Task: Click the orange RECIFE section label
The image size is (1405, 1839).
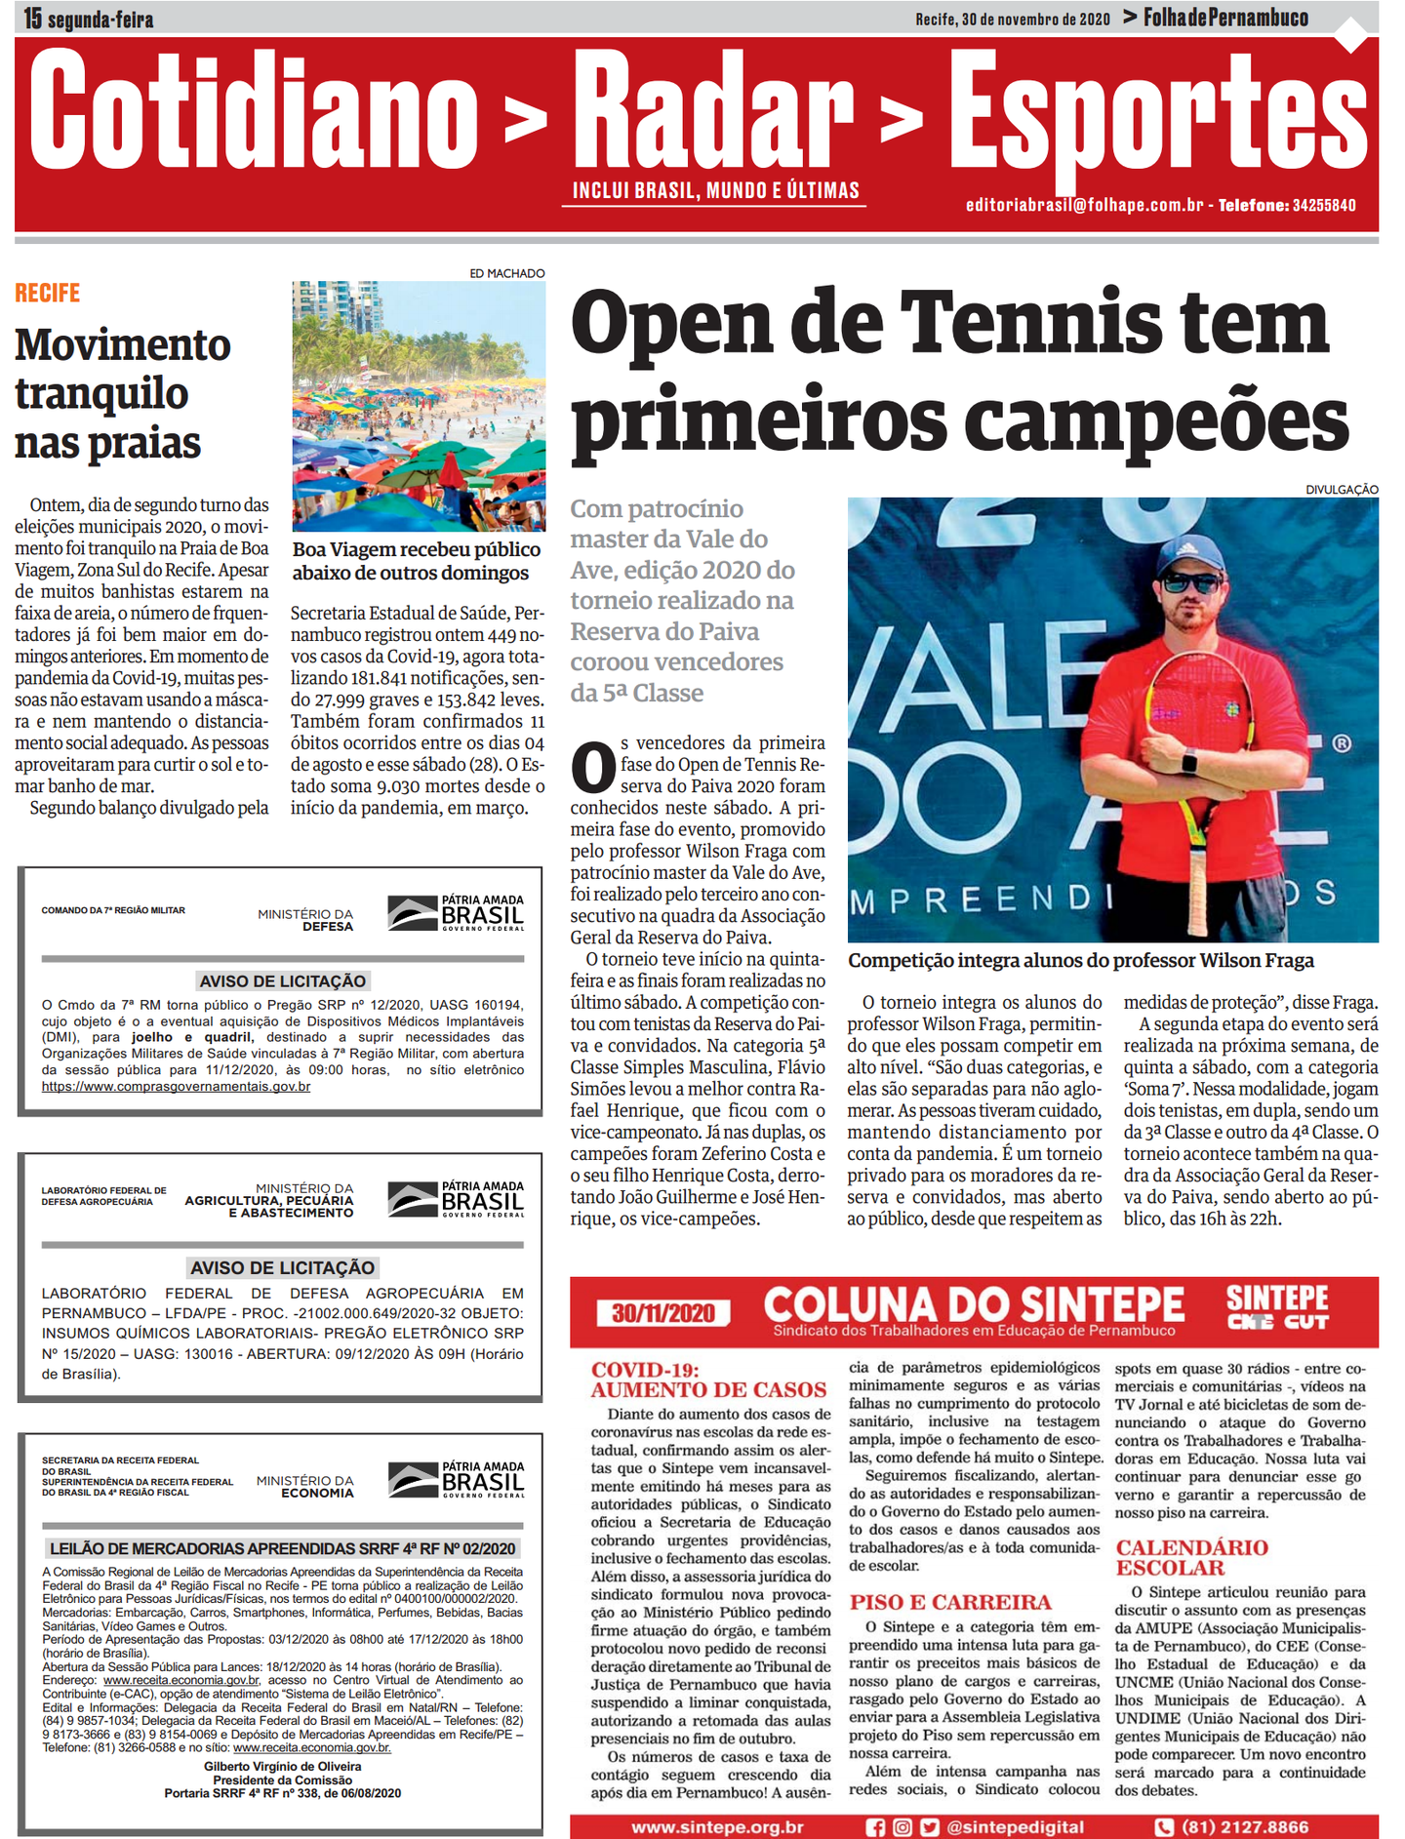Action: [x=47, y=293]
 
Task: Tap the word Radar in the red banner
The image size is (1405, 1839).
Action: [x=712, y=112]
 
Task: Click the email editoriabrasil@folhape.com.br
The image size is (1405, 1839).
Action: [x=1084, y=205]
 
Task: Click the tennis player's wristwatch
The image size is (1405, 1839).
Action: [x=1188, y=760]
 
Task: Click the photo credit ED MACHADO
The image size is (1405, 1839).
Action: [x=506, y=273]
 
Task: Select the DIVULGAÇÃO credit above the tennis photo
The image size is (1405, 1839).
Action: [x=1342, y=489]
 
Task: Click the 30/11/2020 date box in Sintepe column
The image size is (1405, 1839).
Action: [x=662, y=1312]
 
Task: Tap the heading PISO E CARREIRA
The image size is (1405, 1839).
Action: [x=950, y=1602]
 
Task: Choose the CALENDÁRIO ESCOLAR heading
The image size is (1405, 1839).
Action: [x=1191, y=1557]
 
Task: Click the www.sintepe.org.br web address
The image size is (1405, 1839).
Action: [x=717, y=1826]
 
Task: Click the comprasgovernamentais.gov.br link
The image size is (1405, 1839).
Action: [x=176, y=1086]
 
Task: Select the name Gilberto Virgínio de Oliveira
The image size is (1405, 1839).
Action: [x=282, y=1766]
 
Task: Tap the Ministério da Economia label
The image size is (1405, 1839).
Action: [x=304, y=1487]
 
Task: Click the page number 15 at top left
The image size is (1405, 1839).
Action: [x=33, y=18]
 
